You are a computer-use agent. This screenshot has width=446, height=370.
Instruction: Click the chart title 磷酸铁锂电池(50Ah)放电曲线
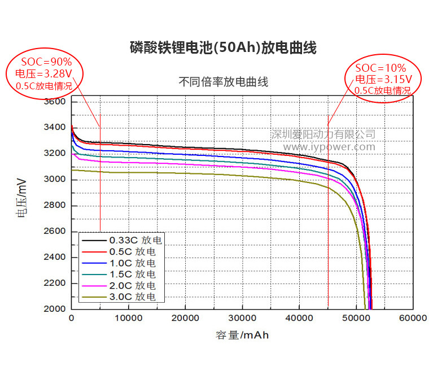(x=223, y=48)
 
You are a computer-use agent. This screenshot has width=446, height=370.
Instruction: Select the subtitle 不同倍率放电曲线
(x=224, y=82)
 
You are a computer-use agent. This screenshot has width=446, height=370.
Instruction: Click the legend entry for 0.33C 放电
(x=135, y=240)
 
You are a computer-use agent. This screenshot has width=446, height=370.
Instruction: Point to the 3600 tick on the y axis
(x=54, y=102)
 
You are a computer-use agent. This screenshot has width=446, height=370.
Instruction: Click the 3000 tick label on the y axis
(x=54, y=180)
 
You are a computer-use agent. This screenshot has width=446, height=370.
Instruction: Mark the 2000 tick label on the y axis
(x=54, y=309)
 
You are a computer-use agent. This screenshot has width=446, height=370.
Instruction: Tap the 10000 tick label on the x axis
(x=128, y=319)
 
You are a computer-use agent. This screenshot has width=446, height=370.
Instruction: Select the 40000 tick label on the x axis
(x=299, y=319)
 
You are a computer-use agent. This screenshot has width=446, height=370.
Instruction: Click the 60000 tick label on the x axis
(x=413, y=319)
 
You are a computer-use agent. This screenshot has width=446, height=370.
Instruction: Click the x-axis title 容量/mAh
(x=242, y=336)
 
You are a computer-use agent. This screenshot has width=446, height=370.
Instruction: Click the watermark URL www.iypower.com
(x=329, y=147)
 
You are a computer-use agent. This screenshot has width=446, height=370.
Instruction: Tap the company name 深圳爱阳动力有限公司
(x=323, y=134)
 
